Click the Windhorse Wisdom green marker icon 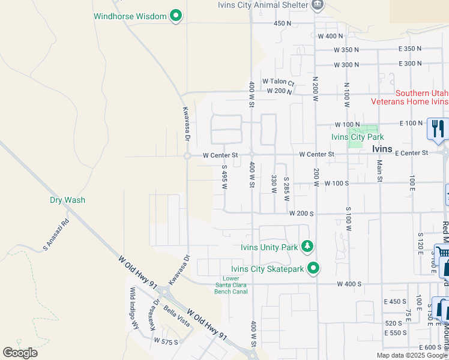tap(176, 16)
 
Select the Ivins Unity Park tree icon tap(307, 247)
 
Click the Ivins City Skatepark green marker tap(313, 268)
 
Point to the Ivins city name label tap(382, 149)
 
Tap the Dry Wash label tap(67, 200)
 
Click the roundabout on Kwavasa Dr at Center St tap(187, 156)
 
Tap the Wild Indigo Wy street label tap(133, 308)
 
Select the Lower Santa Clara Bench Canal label tap(231, 285)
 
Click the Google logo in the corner tap(20, 352)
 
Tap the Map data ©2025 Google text tap(412, 355)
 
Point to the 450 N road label tap(282, 23)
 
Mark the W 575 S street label tap(166, 340)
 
